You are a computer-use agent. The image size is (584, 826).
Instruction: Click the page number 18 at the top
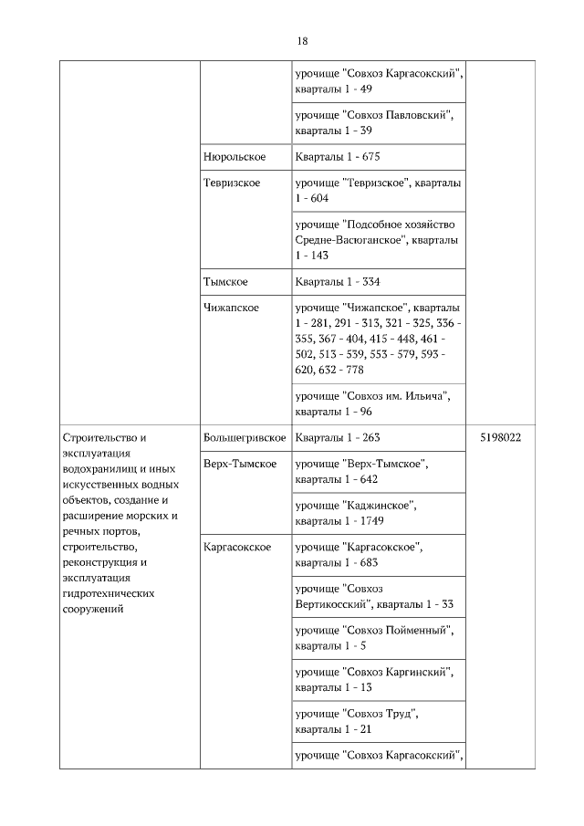click(302, 41)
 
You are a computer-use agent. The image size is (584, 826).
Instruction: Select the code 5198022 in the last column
click(500, 437)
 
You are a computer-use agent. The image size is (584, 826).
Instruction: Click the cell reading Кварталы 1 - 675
click(331, 157)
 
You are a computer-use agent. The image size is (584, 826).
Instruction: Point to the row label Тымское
click(225, 282)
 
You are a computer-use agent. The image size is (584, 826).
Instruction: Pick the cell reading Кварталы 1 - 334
click(331, 282)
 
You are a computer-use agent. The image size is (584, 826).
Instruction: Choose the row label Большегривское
click(245, 437)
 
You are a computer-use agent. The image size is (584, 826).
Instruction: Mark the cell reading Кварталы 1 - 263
click(331, 437)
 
